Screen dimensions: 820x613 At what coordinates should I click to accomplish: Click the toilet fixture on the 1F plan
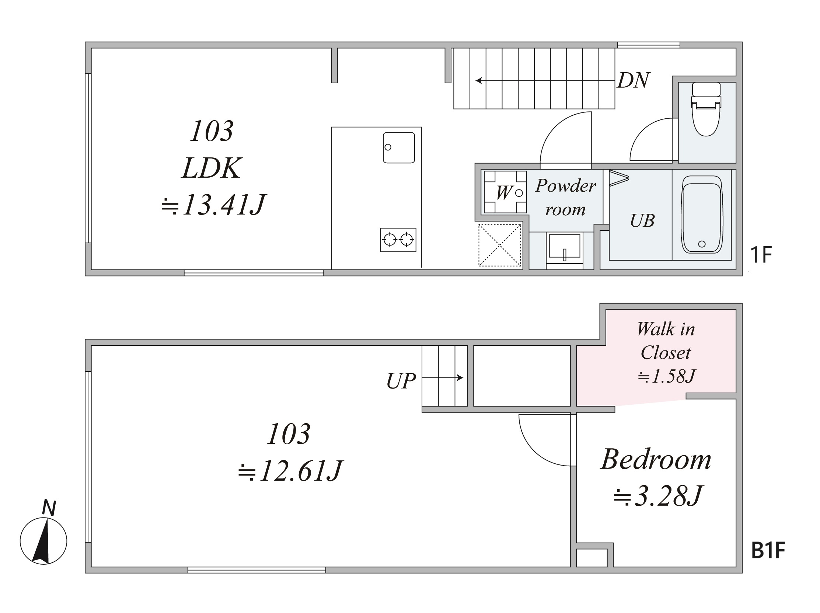click(706, 109)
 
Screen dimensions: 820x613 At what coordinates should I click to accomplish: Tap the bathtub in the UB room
click(702, 214)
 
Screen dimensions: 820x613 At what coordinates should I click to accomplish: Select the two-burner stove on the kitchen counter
click(398, 240)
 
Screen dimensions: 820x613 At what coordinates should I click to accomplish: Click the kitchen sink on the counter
click(399, 147)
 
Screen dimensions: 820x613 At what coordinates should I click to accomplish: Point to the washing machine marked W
click(505, 192)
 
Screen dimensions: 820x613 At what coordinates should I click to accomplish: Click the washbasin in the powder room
click(564, 248)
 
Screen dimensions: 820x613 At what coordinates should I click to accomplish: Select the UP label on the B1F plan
click(401, 381)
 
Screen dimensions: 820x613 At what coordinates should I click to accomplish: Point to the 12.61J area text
click(291, 471)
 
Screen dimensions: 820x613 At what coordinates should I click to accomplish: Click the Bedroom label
click(656, 459)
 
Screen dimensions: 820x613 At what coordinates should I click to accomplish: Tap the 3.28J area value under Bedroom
click(657, 496)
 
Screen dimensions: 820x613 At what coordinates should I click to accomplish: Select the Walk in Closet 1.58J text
click(666, 352)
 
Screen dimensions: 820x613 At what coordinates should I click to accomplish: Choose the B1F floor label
click(768, 550)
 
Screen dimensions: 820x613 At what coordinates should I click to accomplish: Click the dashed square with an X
click(500, 245)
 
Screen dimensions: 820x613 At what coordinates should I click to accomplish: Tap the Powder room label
click(566, 197)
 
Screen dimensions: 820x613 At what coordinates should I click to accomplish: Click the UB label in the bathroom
click(642, 221)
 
